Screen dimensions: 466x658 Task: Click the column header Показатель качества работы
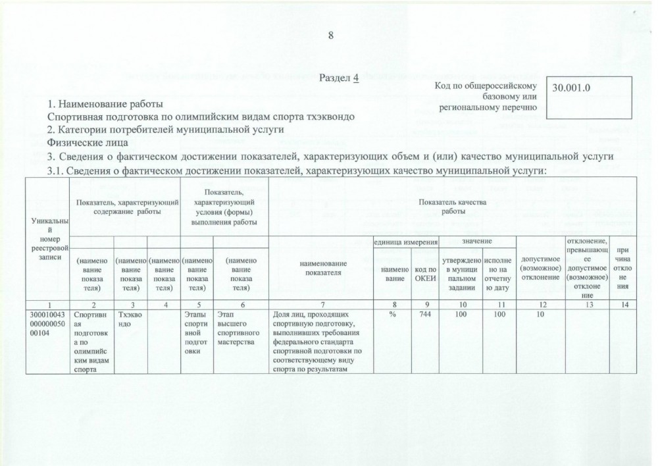(453, 206)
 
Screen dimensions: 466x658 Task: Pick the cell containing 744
(426, 315)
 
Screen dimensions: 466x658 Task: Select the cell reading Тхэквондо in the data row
(130, 319)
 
